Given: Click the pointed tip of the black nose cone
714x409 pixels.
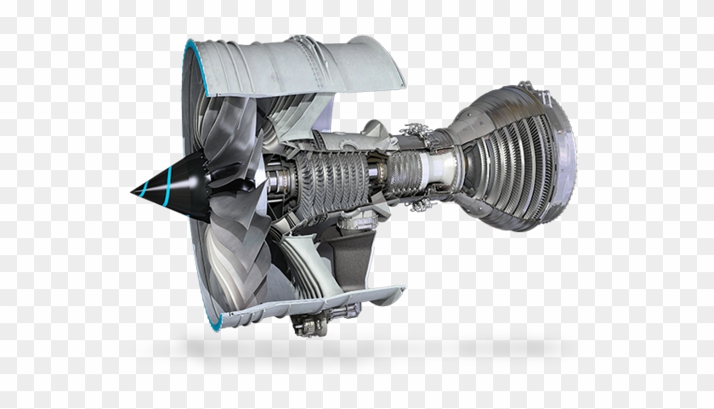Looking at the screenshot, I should pyautogui.click(x=133, y=193).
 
